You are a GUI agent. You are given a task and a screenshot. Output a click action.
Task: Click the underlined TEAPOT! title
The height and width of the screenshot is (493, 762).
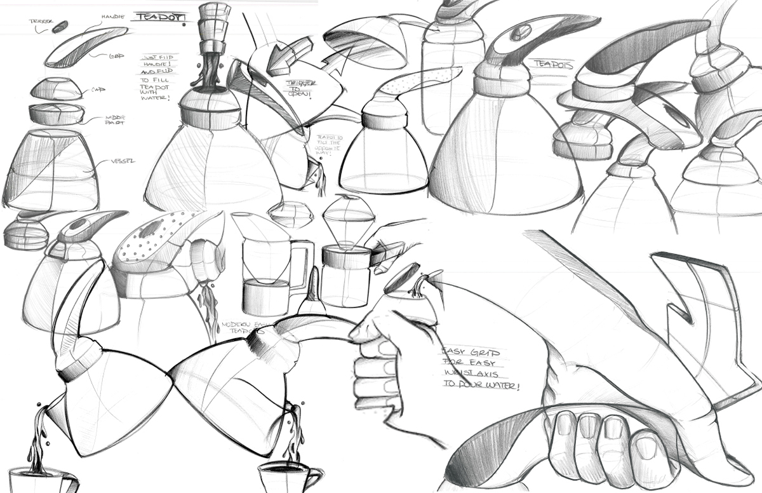157,17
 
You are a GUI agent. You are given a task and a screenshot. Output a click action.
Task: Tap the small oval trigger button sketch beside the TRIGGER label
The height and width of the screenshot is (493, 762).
60,27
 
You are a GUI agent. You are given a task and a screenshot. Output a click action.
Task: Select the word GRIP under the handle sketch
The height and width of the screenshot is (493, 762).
116,56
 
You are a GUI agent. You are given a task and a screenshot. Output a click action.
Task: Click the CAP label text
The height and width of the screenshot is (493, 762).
97,90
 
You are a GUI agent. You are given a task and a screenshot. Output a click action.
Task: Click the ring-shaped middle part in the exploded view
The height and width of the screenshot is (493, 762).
56,115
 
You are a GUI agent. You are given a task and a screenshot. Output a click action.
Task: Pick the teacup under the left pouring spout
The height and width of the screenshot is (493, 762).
38,480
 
